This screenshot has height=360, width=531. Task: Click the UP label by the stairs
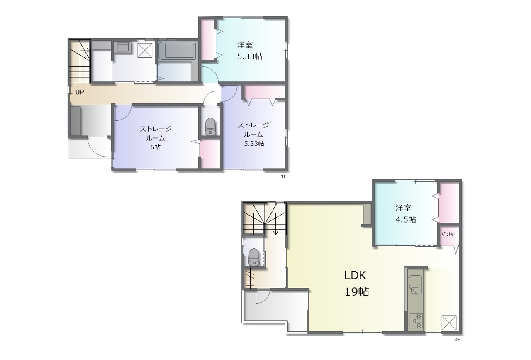tap(79, 92)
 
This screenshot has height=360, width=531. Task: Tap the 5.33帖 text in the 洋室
tap(250, 56)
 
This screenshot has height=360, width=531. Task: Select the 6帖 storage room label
tap(156, 147)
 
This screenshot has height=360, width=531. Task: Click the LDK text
tap(355, 275)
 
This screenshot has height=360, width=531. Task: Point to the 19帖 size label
tap(356, 291)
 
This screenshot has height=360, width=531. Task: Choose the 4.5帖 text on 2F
tap(406, 219)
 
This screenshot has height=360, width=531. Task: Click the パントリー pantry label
tap(448, 235)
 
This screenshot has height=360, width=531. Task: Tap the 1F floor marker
tap(283, 176)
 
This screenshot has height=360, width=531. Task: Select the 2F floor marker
tap(457, 340)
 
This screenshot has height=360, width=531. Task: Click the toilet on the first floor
tap(210, 127)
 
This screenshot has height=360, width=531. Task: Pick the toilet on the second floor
tap(254, 257)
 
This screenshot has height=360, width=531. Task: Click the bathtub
tap(178, 51)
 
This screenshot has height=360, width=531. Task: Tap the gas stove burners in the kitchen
tap(416, 321)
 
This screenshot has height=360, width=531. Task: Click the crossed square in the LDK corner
tap(449, 322)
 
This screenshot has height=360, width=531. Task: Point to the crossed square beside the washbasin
tap(145, 51)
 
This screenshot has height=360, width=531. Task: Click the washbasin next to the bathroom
tap(123, 47)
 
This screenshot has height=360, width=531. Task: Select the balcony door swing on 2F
tap(263, 297)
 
